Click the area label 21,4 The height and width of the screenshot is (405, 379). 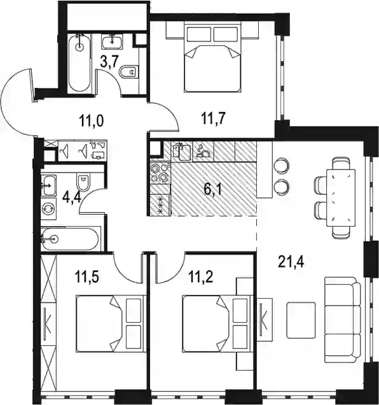tap(291, 261)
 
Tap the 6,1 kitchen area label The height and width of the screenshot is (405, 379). tap(214, 189)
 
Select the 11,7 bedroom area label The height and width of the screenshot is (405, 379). tap(214, 118)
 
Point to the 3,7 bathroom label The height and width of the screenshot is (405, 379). tap(109, 62)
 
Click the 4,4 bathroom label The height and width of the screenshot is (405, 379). tap(72, 197)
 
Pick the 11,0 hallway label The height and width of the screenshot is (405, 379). tap(92, 120)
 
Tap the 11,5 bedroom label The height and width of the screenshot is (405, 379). tap(87, 276)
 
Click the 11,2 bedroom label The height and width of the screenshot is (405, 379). tap(201, 277)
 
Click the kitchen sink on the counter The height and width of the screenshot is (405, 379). tap(182, 150)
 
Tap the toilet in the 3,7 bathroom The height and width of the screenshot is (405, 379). tap(129, 71)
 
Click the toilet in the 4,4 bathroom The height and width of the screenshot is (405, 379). tap(83, 182)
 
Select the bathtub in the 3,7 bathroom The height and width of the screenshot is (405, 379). tap(80, 63)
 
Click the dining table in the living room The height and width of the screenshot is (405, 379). tap(341, 198)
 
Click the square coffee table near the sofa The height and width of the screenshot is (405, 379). tap(301, 320)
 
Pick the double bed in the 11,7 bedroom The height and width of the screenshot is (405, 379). tap(212, 57)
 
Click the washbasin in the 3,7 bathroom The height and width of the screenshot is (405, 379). tap(113, 43)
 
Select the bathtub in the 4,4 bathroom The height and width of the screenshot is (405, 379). tap(70, 239)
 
